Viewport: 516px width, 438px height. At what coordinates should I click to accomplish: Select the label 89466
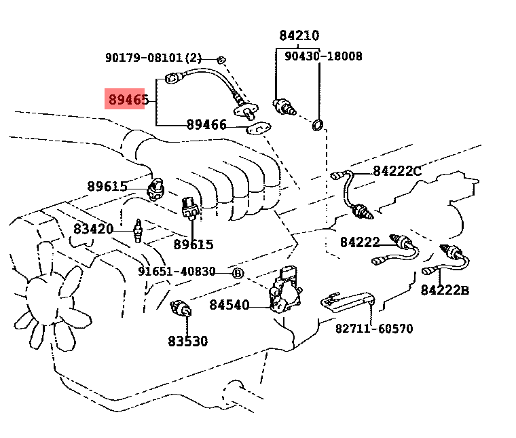[x=206, y=125]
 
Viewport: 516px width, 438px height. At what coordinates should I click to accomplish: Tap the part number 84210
[x=299, y=35]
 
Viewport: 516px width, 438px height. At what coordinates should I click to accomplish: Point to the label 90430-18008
[x=323, y=56]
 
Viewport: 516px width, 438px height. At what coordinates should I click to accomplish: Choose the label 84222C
[x=397, y=171]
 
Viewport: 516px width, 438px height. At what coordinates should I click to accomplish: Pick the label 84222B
[x=445, y=291]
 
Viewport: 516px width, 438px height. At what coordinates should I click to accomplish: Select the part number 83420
[x=94, y=229]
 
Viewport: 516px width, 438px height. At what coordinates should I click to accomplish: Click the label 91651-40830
[x=177, y=272]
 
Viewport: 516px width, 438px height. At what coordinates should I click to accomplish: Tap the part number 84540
[x=229, y=305]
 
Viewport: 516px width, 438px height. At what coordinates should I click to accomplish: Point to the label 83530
[x=188, y=341]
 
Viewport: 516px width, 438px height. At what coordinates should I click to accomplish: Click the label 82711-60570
[x=374, y=329]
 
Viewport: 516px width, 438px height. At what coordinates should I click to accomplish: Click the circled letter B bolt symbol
[x=238, y=273]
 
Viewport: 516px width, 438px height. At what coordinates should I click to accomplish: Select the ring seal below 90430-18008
[x=316, y=124]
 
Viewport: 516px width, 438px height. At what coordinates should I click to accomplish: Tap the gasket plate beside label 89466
[x=257, y=127]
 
